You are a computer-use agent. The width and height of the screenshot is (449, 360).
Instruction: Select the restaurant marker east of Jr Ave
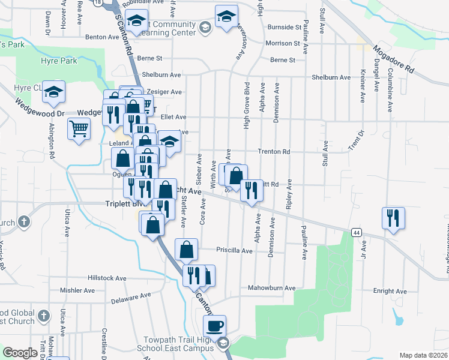[393, 219]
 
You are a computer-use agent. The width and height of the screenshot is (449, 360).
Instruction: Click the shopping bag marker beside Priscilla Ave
[187, 250]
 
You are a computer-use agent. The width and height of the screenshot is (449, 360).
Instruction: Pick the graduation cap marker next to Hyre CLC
[54, 92]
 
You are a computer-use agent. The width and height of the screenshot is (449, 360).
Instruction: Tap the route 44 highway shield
[357, 232]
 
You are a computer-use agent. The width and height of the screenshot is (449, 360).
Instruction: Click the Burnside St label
[284, 28]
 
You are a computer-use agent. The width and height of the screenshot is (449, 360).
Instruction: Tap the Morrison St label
[283, 43]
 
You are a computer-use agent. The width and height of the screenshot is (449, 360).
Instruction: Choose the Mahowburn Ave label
[272, 288]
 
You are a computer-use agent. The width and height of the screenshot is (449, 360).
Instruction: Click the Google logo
[20, 353]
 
